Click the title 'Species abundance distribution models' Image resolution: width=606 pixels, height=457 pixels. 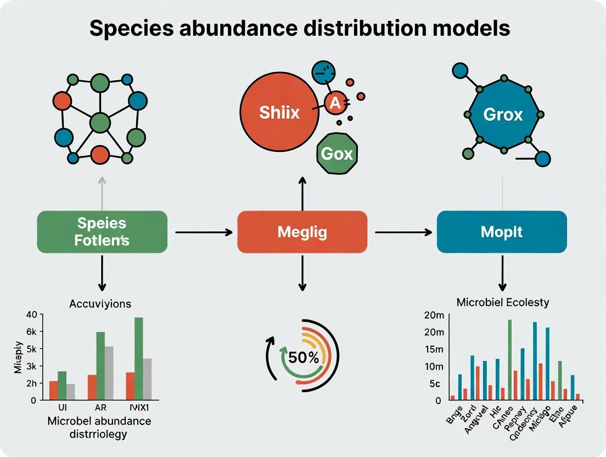299,29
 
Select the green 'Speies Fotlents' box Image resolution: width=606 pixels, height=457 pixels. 102,232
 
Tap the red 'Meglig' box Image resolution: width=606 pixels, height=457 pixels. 302,232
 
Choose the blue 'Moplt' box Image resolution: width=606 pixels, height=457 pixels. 502,232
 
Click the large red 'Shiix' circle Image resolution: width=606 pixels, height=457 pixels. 280,113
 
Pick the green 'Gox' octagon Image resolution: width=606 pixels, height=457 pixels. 337,153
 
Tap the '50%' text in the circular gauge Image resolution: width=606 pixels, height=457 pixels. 304,357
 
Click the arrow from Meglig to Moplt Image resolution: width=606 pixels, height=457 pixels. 403,232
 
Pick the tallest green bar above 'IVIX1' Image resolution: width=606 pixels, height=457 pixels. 138,358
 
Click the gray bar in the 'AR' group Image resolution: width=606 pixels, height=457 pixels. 109,372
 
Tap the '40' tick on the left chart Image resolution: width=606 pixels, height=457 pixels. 30,315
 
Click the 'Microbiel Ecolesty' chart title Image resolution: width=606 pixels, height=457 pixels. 503,303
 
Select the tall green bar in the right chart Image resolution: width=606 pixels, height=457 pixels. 509,359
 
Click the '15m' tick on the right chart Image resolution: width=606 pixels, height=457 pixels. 433,349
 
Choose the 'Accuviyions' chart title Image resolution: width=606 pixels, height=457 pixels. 100,303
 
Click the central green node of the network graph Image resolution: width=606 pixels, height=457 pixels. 99,121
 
